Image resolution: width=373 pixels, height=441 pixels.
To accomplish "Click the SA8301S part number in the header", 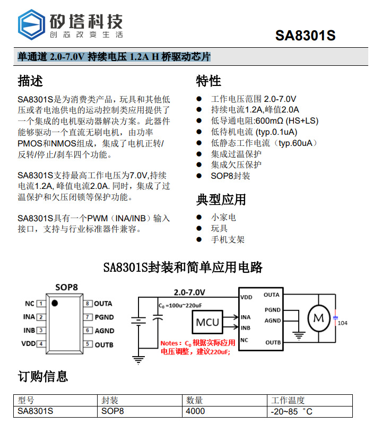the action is point(305,36).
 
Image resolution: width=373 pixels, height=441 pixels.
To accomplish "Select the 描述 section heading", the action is point(30,81).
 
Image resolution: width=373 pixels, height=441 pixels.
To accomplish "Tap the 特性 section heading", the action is point(209,81).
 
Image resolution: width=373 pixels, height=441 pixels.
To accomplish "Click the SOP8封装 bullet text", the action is point(230,176).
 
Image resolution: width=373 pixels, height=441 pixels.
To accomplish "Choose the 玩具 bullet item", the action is point(219,228).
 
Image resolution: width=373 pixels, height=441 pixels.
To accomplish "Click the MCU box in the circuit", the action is point(207,322).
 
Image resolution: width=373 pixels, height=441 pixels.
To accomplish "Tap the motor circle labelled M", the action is point(318,318).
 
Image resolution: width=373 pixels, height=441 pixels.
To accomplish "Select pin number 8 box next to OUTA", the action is point(88,304).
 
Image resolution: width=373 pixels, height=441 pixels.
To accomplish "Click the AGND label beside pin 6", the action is point(105,331).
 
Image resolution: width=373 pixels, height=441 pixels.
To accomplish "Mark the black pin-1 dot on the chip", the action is point(55,302).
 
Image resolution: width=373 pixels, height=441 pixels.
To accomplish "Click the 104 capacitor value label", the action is point(343,323).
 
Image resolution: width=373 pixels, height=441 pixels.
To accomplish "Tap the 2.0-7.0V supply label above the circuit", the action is point(189,292).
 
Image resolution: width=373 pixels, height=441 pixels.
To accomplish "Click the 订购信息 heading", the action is point(43,377).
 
